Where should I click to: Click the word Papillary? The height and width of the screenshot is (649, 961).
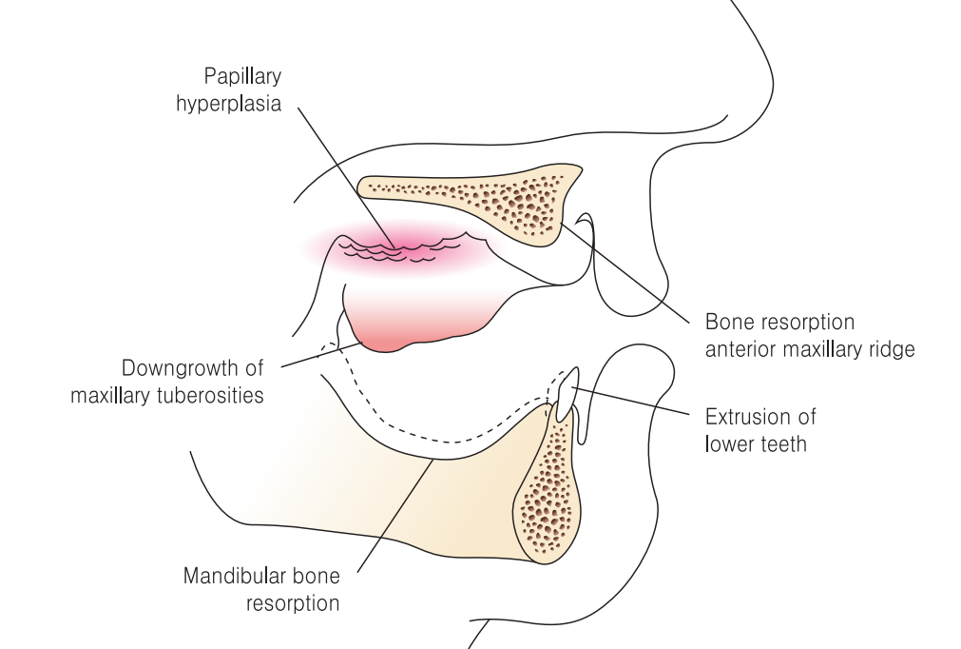pos(242,77)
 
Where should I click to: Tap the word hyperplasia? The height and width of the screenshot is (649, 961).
pos(228,104)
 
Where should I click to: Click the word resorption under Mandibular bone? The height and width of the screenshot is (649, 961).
pos(292,602)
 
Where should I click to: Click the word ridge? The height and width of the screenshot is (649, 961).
pos(888,349)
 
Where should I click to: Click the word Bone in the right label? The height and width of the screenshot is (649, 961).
pos(726,323)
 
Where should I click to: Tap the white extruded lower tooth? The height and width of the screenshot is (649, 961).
pos(566,394)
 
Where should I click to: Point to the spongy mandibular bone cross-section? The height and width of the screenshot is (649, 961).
pos(547,495)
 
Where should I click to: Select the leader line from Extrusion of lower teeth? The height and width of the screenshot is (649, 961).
pos(627,400)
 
